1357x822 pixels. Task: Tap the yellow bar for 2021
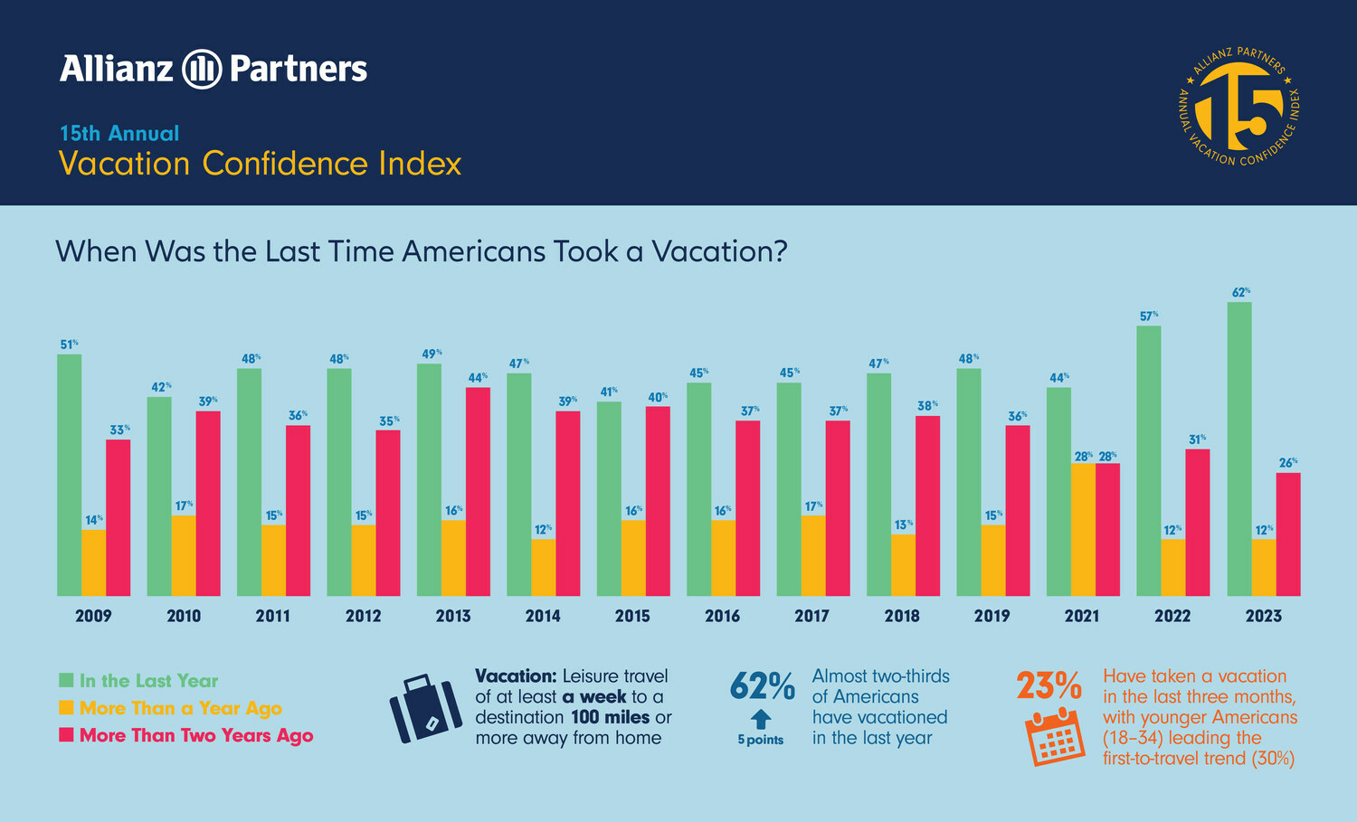pyautogui.click(x=1083, y=529)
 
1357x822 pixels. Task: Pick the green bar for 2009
pyautogui.click(x=70, y=475)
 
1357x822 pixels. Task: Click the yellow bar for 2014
pyautogui.click(x=543, y=567)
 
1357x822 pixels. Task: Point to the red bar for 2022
pyautogui.click(x=1197, y=522)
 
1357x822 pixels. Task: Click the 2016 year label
pyautogui.click(x=722, y=616)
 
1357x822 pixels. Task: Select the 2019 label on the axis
pyautogui.click(x=992, y=616)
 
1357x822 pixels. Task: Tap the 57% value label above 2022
pyautogui.click(x=1149, y=317)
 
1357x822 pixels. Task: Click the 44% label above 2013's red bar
pyautogui.click(x=478, y=377)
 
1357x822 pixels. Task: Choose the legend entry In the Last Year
pyautogui.click(x=148, y=681)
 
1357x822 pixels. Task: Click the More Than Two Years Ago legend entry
pyautogui.click(x=195, y=735)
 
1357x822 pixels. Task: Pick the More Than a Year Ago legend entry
pyautogui.click(x=180, y=708)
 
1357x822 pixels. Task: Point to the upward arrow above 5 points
pyautogui.click(x=761, y=719)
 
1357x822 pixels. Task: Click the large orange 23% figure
pyautogui.click(x=1049, y=686)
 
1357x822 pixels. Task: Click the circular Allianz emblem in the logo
pyautogui.click(x=202, y=70)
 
